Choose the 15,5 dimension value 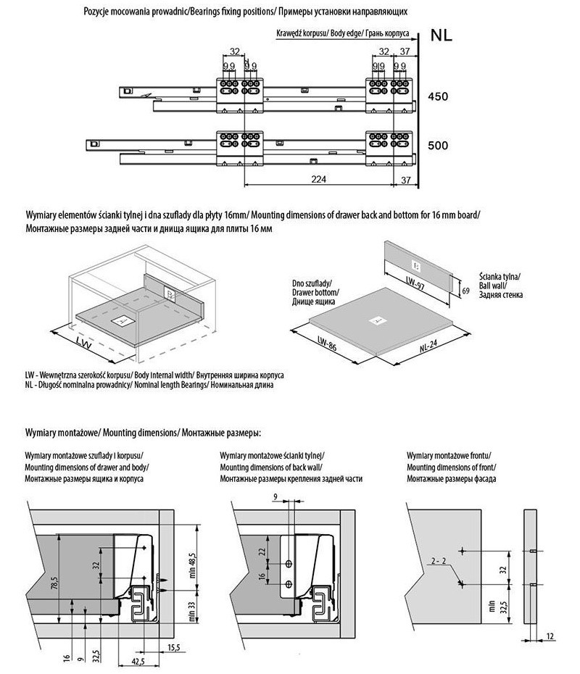click(175, 646)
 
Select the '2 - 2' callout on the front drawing click(439, 562)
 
